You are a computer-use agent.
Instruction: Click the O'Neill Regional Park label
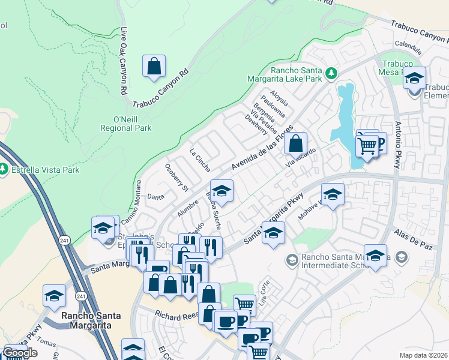[x=126, y=124]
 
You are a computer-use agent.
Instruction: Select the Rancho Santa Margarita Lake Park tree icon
[x=330, y=73]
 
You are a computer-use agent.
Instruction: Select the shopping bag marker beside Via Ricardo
[x=295, y=144]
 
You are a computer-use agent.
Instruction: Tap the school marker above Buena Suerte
[x=221, y=191]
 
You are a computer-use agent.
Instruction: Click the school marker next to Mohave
[x=333, y=195]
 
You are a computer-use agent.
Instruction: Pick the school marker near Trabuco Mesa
[x=414, y=78]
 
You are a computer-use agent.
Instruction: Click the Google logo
[x=20, y=353]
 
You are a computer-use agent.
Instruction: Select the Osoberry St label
[x=176, y=178]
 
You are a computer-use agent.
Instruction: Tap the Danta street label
[x=156, y=196]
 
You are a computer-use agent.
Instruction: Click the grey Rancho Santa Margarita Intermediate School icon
[x=292, y=260]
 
